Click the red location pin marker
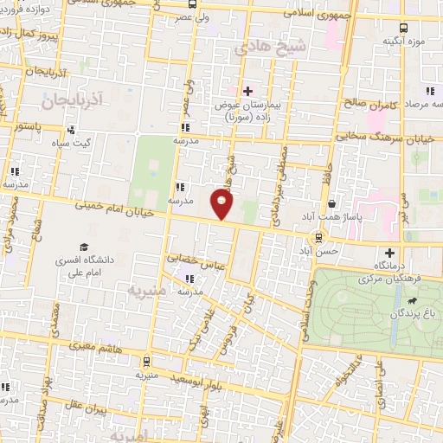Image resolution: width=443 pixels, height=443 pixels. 222,204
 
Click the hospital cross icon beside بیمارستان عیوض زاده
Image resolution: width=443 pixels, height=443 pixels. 247,89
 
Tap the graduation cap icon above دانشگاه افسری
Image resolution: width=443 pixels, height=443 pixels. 84,247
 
